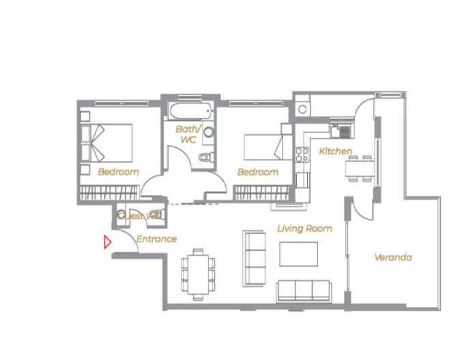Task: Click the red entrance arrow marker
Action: (106, 242)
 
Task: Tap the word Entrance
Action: (156, 239)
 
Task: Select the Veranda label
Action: (392, 258)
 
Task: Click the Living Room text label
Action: (304, 229)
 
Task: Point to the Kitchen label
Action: (336, 151)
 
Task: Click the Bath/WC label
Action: (188, 134)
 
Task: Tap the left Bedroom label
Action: (118, 172)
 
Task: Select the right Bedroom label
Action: (257, 172)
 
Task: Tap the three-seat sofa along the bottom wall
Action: (304, 290)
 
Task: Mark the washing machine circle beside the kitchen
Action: (302, 109)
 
